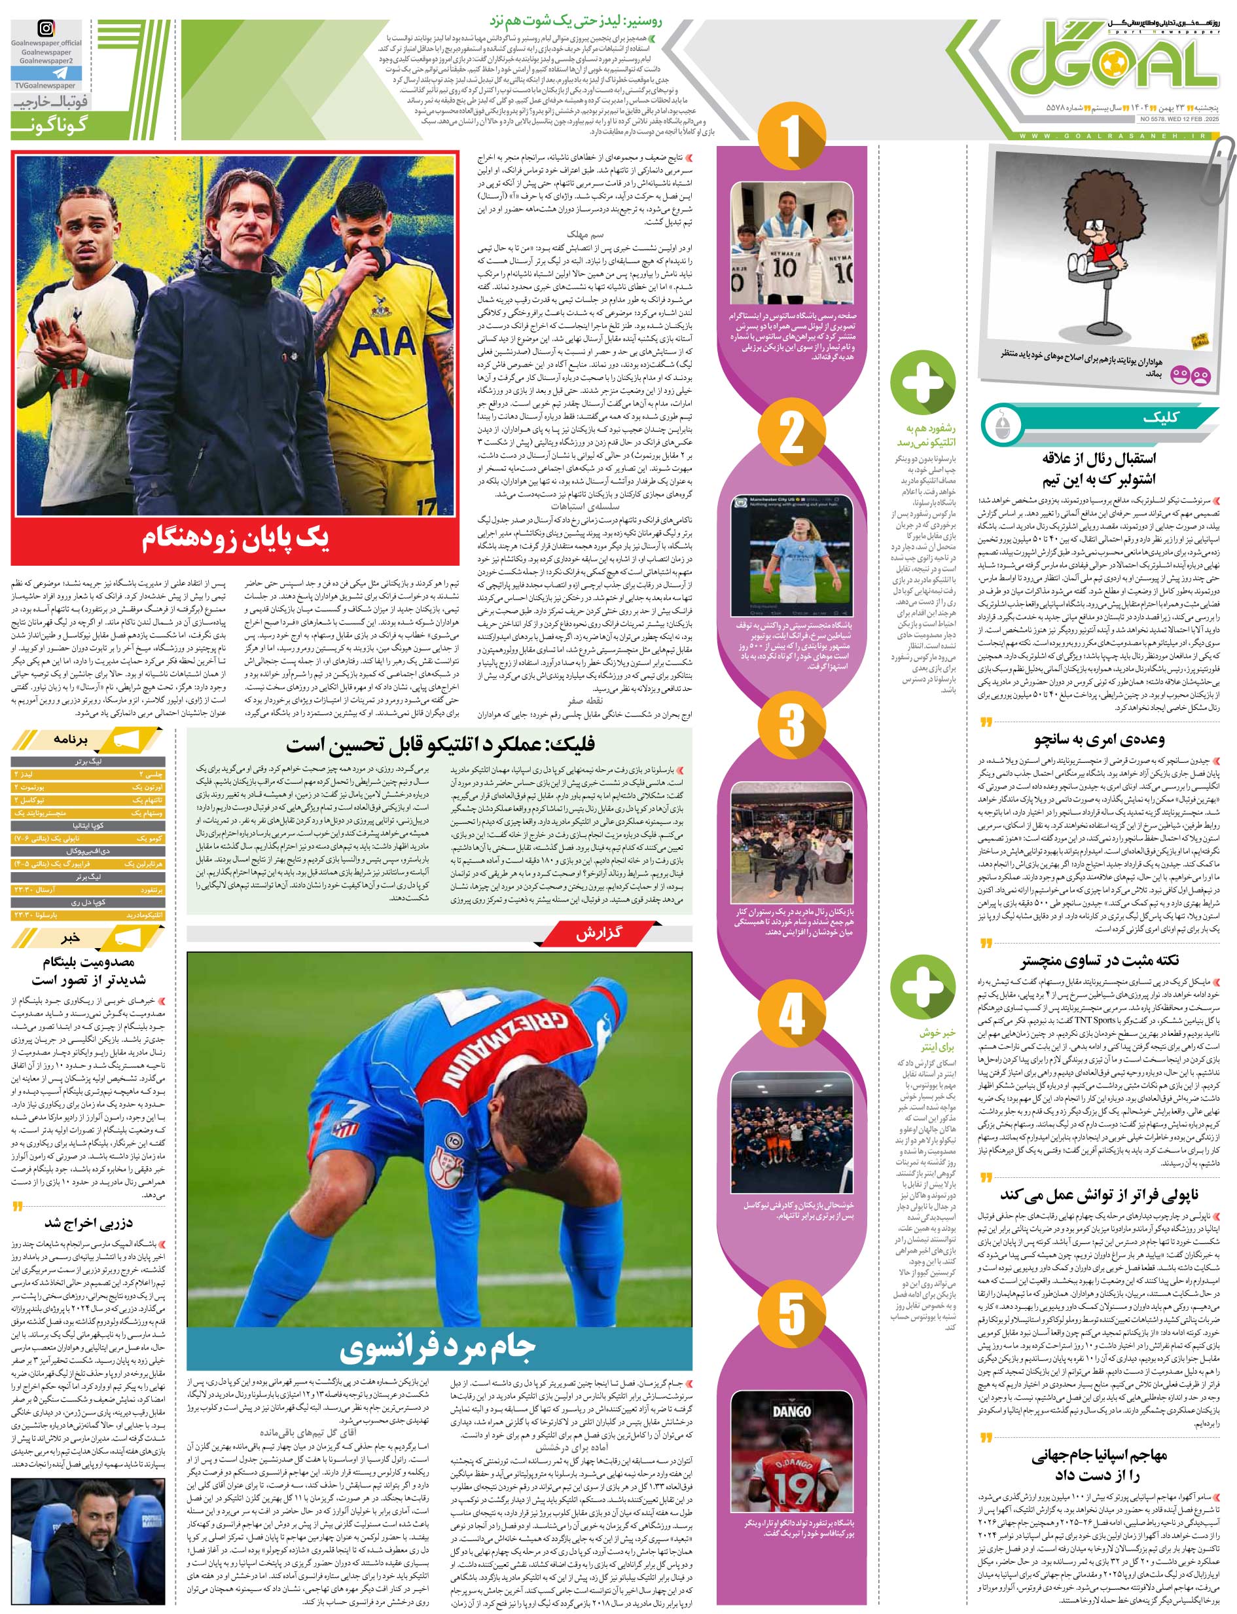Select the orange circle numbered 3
[791, 724]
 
